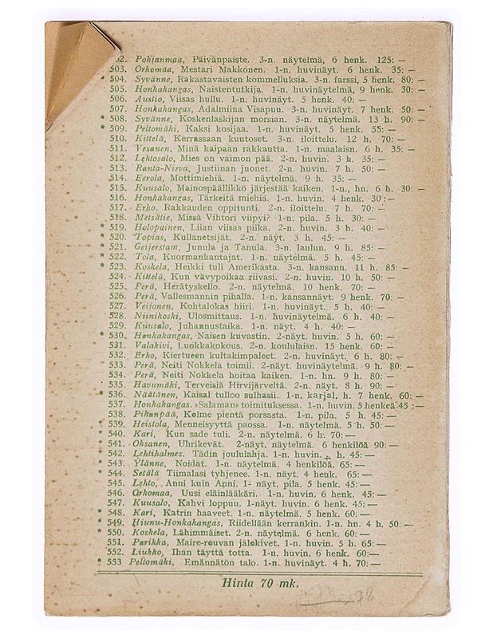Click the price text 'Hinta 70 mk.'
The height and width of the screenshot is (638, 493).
point(261,583)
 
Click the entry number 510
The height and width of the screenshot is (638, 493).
point(117,137)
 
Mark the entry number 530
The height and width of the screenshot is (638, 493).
point(117,335)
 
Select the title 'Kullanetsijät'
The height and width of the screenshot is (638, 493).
point(195,238)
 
